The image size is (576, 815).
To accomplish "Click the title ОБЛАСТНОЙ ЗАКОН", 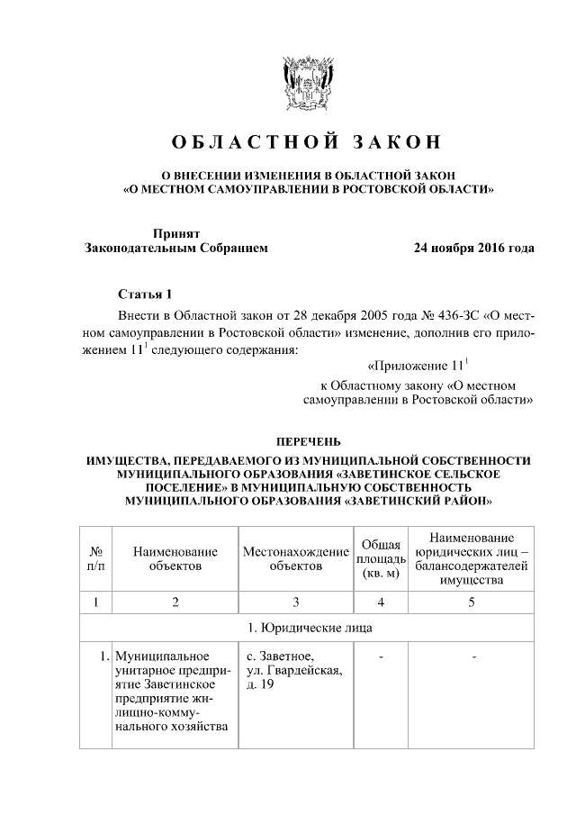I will pyautogui.click(x=308, y=142).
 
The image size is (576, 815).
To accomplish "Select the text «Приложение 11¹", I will pyautogui.click(x=419, y=366).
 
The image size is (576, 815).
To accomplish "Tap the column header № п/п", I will pyautogui.click(x=94, y=558).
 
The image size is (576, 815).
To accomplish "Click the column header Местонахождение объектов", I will pyautogui.click(x=295, y=558).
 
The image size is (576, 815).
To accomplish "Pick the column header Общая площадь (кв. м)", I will pyautogui.click(x=381, y=558).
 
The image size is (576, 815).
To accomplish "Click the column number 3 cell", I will pyautogui.click(x=295, y=601).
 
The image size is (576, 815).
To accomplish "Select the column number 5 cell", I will pyautogui.click(x=471, y=601).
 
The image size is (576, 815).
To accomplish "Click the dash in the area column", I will pyautogui.click(x=381, y=657).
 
